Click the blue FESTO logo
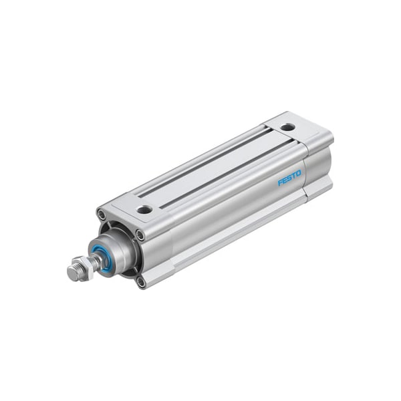pyautogui.click(x=289, y=178)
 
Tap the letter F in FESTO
pyautogui.click(x=280, y=182)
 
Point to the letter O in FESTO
pyautogui.click(x=299, y=174)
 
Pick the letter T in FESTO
pyautogui.click(x=294, y=176)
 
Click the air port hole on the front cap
pyautogui.click(x=144, y=209)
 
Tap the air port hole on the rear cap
pyautogui.click(x=287, y=127)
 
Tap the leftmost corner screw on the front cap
pyautogui.click(x=102, y=215)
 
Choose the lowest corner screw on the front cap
pyautogui.click(x=141, y=281)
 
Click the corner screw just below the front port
pyautogui.click(x=141, y=235)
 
